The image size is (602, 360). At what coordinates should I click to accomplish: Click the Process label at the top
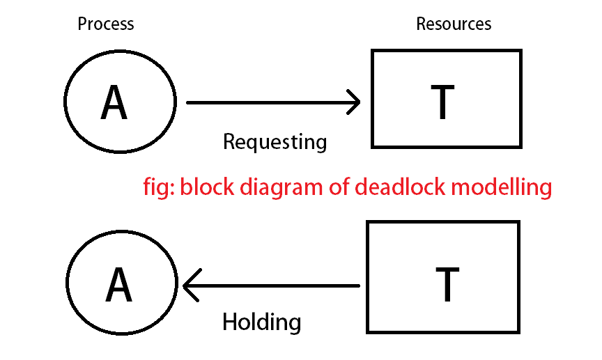105,24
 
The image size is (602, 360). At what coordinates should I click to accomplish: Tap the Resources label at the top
454,24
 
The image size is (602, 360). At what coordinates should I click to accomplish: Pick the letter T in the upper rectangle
442,102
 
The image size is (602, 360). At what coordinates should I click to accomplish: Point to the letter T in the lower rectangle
446,284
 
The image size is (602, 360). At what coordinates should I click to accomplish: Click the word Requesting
275,142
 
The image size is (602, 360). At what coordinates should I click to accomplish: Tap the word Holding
261,322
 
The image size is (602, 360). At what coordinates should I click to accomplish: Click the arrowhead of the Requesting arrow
355,103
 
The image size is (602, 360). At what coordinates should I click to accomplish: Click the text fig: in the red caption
158,187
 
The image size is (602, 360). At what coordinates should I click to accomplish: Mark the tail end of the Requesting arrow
189,103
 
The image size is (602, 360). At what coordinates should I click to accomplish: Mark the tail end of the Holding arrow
357,285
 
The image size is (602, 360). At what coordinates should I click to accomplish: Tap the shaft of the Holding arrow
275,285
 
